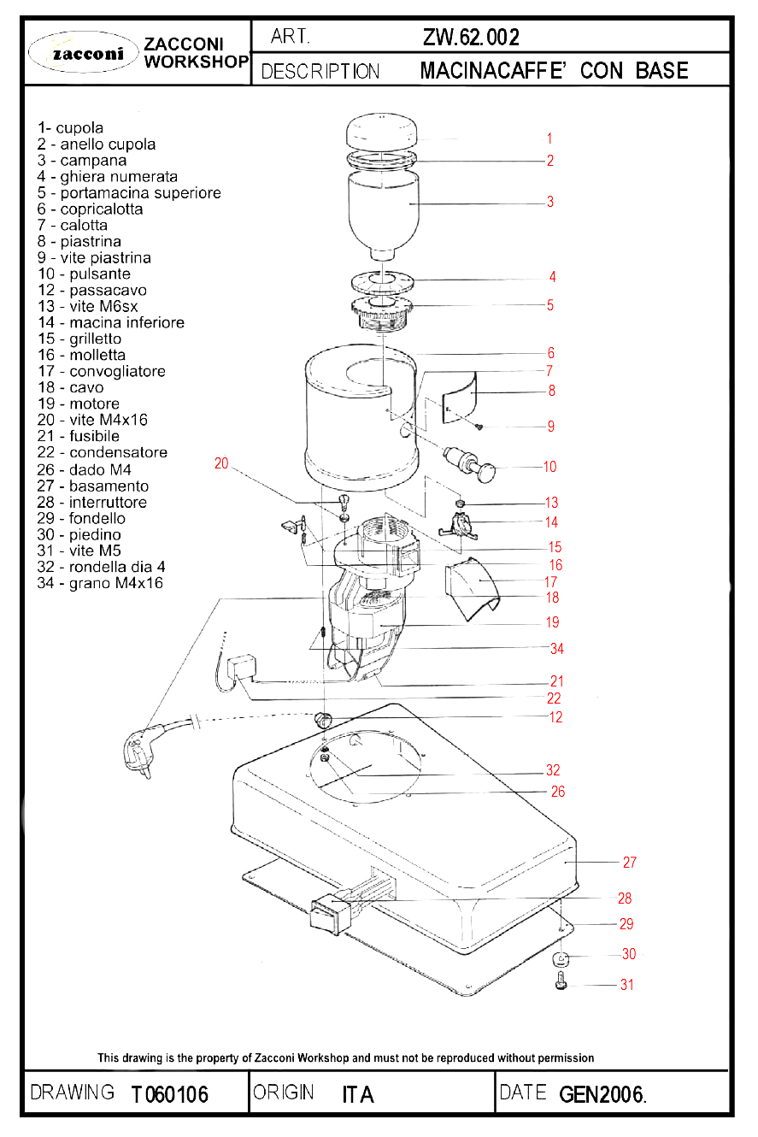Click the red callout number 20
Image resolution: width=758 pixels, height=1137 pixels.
tap(221, 463)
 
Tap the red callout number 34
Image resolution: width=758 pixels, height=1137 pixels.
tap(556, 648)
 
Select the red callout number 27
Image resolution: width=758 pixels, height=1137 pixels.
tap(629, 862)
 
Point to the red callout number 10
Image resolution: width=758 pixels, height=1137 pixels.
tap(549, 467)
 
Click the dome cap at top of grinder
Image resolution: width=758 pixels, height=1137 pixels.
tap(381, 131)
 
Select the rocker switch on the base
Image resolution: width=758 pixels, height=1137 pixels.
tap(329, 914)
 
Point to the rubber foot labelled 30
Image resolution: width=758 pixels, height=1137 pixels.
tap(560, 959)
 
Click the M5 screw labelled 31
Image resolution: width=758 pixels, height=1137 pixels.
tap(561, 981)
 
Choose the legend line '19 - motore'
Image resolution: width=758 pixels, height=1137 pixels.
tap(79, 404)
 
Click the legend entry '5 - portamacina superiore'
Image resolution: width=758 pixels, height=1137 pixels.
tap(129, 193)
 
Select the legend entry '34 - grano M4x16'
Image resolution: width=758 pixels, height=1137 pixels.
tap(100, 583)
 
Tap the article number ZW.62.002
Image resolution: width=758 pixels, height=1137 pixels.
tap(471, 37)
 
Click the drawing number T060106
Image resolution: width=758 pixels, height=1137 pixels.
tap(170, 1094)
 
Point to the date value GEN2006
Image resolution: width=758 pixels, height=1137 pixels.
tap(602, 1094)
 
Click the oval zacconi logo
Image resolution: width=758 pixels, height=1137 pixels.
tap(83, 52)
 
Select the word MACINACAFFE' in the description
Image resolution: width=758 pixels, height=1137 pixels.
tap(492, 71)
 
